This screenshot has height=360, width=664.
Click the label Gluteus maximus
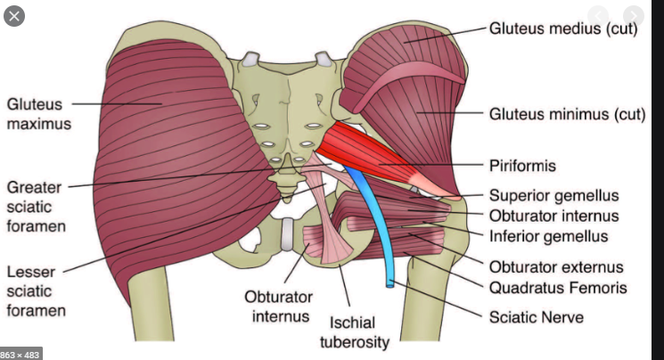click(x=32, y=114)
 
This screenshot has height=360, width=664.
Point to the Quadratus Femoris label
click(x=558, y=287)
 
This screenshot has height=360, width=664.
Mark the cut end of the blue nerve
click(x=389, y=284)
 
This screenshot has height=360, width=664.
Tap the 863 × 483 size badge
click(x=21, y=353)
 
